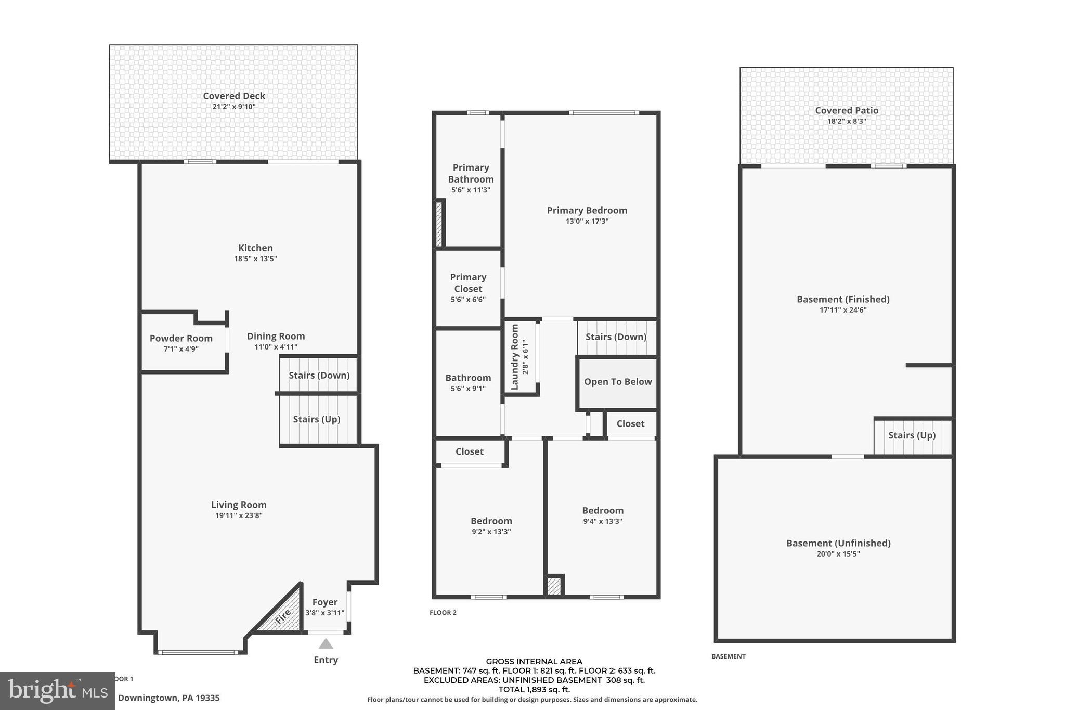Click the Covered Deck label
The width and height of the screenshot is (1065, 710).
click(234, 96)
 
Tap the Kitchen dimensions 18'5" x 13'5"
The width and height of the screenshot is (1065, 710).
click(255, 259)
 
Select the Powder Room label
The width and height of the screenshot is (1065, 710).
click(181, 338)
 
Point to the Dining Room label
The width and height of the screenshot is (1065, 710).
click(276, 336)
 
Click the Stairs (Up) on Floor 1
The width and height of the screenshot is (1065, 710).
click(317, 419)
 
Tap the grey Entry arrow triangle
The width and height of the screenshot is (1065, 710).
click(326, 644)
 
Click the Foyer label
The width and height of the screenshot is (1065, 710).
click(325, 602)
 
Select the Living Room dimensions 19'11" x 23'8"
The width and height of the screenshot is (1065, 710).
click(239, 515)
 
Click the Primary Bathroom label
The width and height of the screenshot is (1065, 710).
click(471, 173)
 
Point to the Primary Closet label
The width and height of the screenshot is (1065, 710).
click(468, 282)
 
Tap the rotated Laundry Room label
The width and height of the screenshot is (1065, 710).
click(515, 357)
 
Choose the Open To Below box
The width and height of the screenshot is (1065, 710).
click(618, 382)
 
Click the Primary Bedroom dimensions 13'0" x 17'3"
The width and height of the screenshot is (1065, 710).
click(587, 221)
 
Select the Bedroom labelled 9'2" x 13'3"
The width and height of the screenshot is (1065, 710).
click(491, 521)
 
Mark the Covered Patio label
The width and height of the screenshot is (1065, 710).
click(847, 110)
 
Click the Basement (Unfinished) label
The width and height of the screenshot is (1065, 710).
click(838, 543)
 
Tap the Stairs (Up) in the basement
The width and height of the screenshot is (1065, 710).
click(912, 435)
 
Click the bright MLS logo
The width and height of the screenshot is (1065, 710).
click(58, 691)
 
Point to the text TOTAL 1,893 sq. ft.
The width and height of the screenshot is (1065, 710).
click(534, 690)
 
